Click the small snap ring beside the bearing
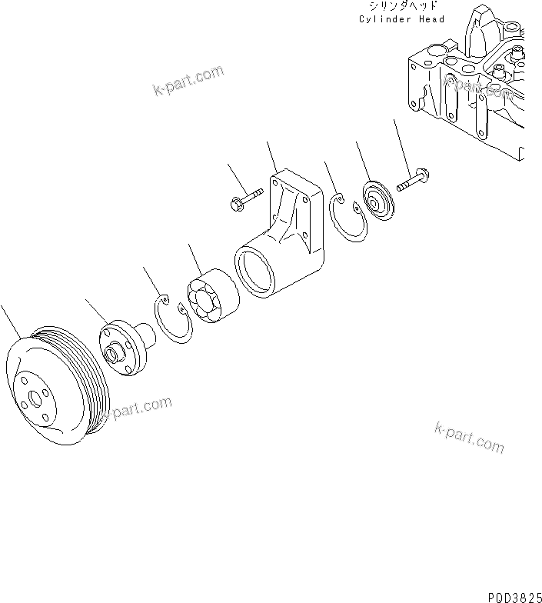point(174,319)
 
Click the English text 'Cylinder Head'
point(401,18)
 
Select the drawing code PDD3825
point(514,596)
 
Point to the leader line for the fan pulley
point(11,322)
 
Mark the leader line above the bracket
point(271,159)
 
